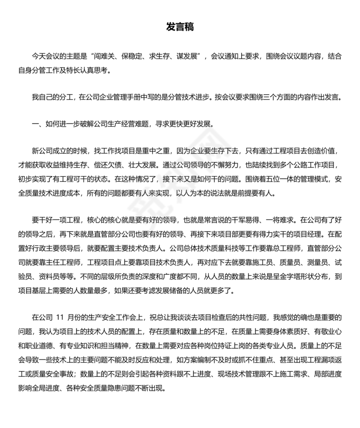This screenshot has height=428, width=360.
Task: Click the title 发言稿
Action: tap(180, 27)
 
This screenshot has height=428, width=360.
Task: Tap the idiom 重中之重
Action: tap(153, 151)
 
